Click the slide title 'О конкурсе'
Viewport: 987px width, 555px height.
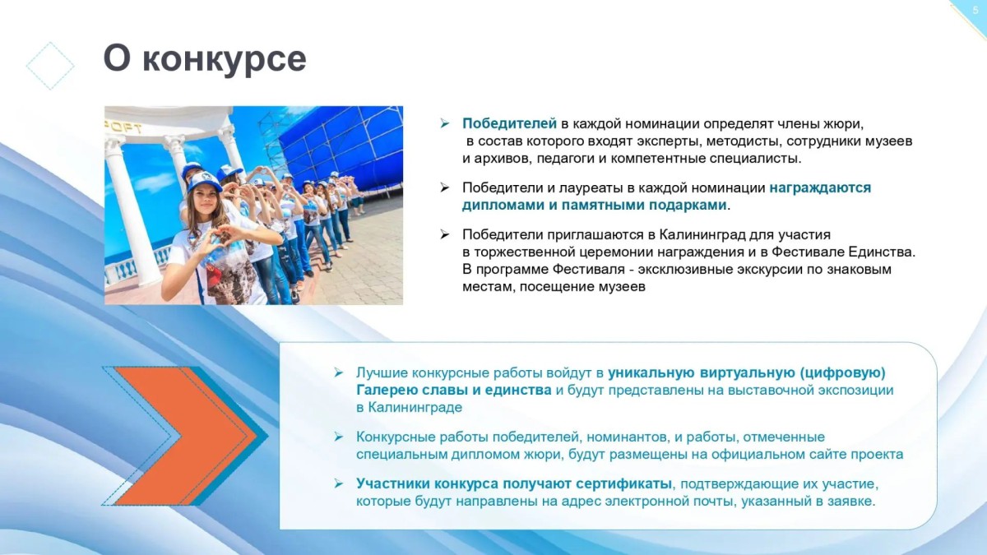(205, 58)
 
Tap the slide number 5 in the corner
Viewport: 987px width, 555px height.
(975, 11)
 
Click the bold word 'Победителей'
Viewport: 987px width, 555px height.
(509, 124)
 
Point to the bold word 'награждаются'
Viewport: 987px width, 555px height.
(820, 188)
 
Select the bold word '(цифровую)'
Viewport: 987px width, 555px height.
(843, 373)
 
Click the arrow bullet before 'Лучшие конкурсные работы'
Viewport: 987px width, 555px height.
(338, 372)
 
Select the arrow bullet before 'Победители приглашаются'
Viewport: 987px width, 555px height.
(444, 234)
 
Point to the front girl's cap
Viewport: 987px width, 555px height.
(204, 181)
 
